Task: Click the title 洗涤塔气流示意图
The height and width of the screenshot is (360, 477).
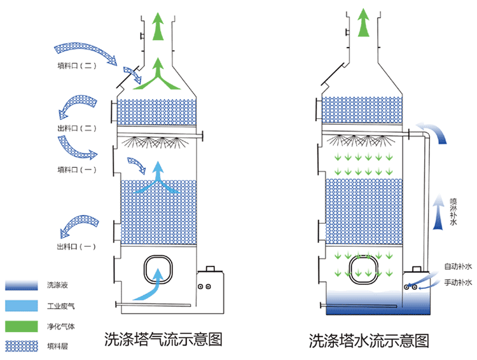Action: coord(163,339)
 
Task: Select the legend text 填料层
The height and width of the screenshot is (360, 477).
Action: coord(56,346)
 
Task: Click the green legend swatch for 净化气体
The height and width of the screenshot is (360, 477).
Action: coord(20,326)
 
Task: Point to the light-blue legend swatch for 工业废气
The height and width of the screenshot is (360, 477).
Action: coord(20,305)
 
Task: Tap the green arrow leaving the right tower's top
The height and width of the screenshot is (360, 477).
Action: coord(363,22)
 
